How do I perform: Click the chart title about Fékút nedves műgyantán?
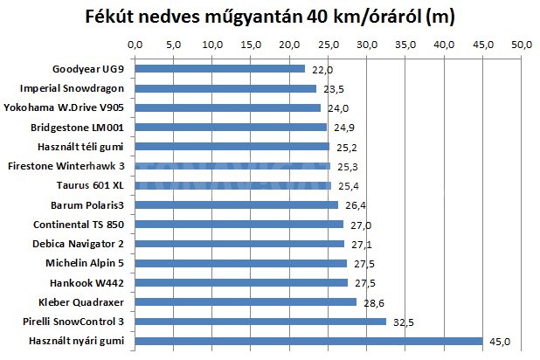pyautogui.click(x=270, y=17)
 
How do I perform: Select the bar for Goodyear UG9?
pyautogui.click(x=219, y=69)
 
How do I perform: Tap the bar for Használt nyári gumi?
pyautogui.click(x=308, y=341)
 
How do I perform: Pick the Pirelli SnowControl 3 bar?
pyautogui.click(x=260, y=322)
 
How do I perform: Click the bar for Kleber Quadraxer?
pyautogui.click(x=246, y=302)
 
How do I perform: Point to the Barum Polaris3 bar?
pyautogui.click(x=237, y=205)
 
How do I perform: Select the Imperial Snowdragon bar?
pyautogui.click(x=225, y=88)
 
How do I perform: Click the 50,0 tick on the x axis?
pyautogui.click(x=521, y=44)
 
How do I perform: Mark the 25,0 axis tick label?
pyautogui.click(x=328, y=44)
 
